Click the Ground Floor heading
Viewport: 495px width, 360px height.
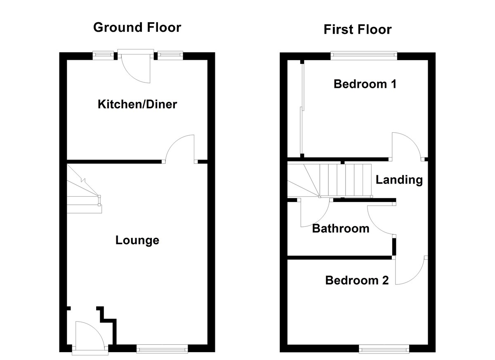137,28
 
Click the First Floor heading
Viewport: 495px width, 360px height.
357,30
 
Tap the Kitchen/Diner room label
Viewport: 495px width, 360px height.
137,104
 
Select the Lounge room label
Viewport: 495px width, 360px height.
137,240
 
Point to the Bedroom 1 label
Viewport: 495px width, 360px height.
365,84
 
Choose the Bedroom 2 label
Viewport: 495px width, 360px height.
357,280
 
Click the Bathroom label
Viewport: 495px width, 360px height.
340,228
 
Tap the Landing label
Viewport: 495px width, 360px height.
399,180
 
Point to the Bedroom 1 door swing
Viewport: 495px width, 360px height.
406,146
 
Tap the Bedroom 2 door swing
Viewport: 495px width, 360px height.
410,271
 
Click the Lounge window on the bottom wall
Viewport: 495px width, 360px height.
162,349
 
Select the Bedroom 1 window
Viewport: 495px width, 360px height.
364,53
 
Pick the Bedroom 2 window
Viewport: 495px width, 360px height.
384,350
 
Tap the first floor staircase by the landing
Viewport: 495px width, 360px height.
330,180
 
